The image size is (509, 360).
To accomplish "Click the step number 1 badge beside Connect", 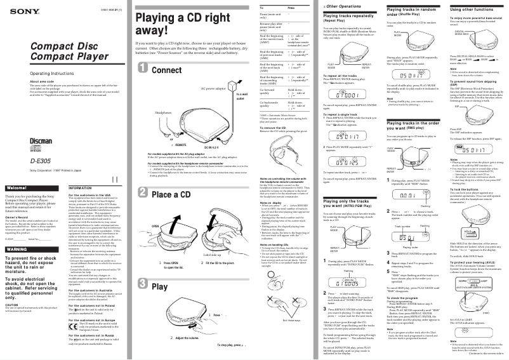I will (x=143, y=69).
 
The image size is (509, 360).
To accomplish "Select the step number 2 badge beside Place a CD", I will (x=143, y=194).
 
